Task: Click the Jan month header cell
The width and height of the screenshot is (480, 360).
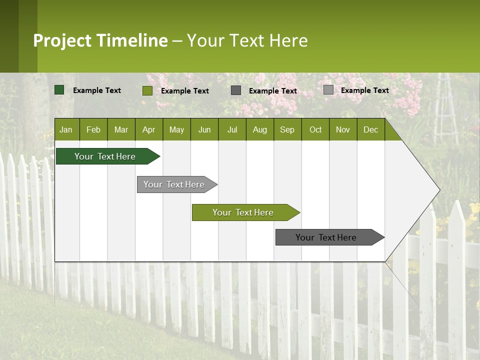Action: tap(66, 129)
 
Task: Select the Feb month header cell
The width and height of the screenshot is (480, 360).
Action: tap(93, 129)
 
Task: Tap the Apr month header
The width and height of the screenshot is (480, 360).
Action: tap(149, 129)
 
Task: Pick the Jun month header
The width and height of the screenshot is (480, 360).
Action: tap(204, 129)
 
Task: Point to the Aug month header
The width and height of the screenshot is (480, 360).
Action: tap(260, 129)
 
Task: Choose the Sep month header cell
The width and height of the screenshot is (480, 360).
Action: tap(287, 129)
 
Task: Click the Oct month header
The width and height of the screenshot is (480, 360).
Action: tap(315, 129)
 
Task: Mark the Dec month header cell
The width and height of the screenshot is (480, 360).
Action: tap(371, 129)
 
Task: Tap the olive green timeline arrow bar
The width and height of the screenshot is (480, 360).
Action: tap(243, 212)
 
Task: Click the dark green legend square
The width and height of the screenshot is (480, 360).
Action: tap(59, 90)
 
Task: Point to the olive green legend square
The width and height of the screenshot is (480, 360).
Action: tap(147, 90)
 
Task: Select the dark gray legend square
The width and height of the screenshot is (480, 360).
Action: tap(236, 90)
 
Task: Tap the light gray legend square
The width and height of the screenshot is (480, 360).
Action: tap(328, 90)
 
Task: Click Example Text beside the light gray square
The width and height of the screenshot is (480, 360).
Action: tap(364, 90)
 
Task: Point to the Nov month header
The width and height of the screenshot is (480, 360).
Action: tap(343, 129)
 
